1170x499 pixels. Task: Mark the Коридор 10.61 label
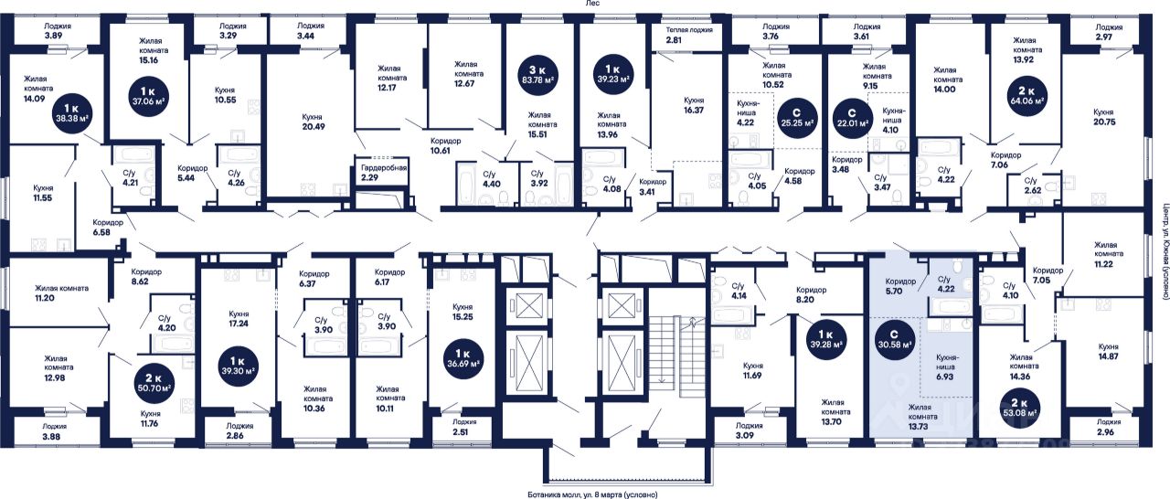[445, 145]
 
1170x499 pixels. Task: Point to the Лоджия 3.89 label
[57, 32]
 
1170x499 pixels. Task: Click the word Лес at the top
[591, 5]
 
